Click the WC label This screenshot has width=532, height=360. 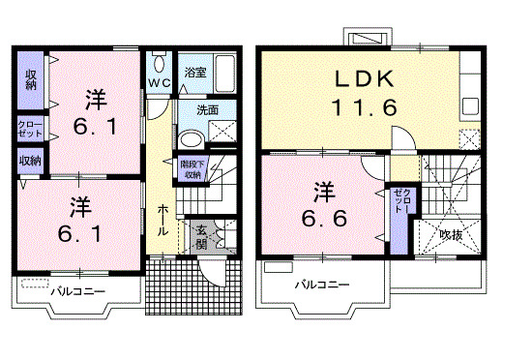(x=160, y=83)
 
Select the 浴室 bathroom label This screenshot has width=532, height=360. (x=195, y=72)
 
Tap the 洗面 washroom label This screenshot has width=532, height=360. (x=194, y=109)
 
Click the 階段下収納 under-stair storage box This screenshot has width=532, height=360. (x=190, y=170)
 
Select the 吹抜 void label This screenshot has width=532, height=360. (x=452, y=233)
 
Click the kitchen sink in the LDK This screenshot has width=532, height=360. (x=470, y=105)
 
